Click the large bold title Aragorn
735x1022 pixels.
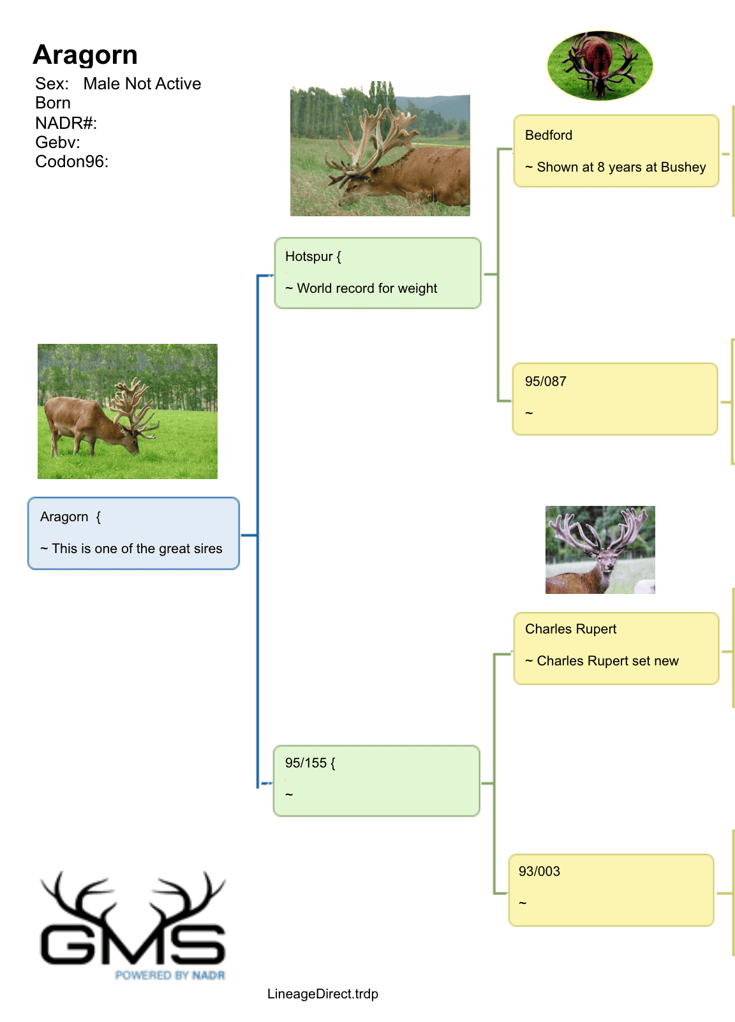point(85,55)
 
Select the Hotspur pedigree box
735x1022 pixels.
point(378,273)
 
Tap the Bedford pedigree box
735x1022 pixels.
point(616,151)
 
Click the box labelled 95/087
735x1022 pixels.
point(615,399)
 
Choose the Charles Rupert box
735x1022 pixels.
point(616,648)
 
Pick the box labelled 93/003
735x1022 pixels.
point(611,890)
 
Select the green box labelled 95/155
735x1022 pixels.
point(376,781)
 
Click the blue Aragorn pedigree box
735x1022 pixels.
point(134,533)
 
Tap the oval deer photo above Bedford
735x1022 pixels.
point(600,66)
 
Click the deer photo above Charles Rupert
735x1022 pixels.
point(600,550)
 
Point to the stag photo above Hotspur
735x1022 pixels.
point(380,149)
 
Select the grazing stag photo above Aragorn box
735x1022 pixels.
point(128,411)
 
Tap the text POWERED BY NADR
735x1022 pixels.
point(170,975)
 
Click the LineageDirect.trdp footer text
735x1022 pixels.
point(323,994)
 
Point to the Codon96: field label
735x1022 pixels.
point(72,161)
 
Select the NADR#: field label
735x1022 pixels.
point(66,122)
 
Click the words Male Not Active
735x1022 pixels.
point(142,84)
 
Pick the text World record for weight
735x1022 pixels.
point(367,288)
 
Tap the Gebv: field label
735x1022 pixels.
point(58,142)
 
